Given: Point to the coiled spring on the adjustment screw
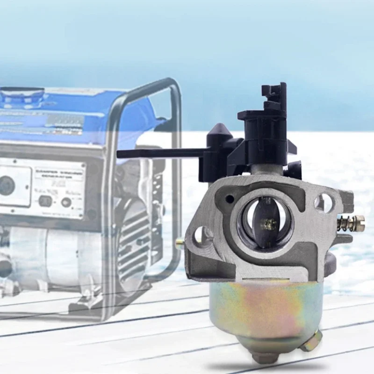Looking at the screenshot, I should tap(346, 223).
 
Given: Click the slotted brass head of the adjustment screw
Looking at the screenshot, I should tap(359, 222).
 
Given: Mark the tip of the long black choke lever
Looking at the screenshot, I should tap(120, 154).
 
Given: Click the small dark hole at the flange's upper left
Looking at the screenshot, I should tap(229, 199).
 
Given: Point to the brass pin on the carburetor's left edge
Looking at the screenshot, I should tap(180, 243).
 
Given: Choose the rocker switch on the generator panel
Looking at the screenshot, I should tap(45, 201).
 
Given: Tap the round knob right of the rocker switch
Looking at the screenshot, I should tap(66, 202).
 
